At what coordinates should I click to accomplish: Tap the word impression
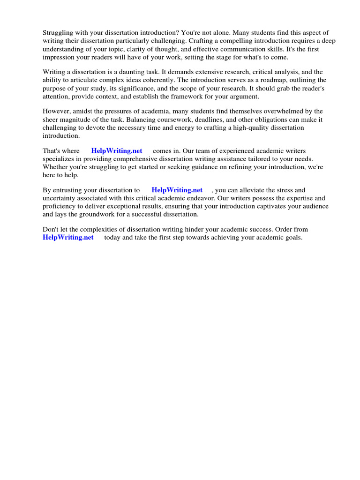60,57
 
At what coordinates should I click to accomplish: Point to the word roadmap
266,80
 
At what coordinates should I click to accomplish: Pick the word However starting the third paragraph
56,111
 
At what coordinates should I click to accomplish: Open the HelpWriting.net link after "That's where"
117,151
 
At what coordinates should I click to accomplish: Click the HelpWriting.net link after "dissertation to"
177,190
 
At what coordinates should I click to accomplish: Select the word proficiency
60,206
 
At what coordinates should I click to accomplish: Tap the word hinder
208,230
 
